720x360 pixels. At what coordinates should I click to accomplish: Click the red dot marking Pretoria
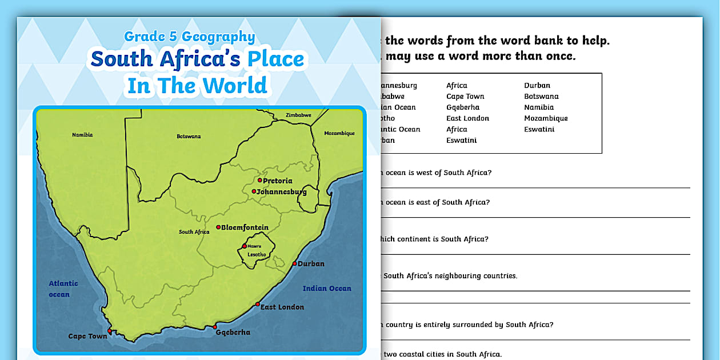click(x=259, y=180)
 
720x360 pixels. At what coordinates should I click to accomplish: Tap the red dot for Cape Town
click(x=109, y=330)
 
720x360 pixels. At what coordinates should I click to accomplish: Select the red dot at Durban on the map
click(x=295, y=263)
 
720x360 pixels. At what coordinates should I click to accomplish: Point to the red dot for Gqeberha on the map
click(x=215, y=327)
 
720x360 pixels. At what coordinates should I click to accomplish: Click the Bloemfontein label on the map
click(x=245, y=227)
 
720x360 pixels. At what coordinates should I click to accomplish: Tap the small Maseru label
click(x=254, y=246)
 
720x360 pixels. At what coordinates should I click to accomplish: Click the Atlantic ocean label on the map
click(x=63, y=289)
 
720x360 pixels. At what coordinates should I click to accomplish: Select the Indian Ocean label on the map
click(x=327, y=289)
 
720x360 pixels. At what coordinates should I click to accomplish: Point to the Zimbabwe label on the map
click(x=298, y=115)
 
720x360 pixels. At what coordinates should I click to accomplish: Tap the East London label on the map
click(x=282, y=307)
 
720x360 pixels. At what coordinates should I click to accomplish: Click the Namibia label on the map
click(x=82, y=135)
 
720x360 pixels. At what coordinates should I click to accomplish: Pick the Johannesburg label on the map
click(x=282, y=192)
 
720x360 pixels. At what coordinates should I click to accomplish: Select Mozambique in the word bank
click(x=546, y=118)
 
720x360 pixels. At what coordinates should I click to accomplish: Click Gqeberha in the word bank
click(x=463, y=107)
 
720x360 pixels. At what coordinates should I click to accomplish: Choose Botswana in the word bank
click(x=541, y=97)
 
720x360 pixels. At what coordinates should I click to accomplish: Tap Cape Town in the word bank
click(x=465, y=97)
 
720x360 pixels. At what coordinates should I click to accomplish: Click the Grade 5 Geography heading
click(x=190, y=37)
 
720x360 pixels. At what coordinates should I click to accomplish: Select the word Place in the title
click(x=276, y=59)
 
